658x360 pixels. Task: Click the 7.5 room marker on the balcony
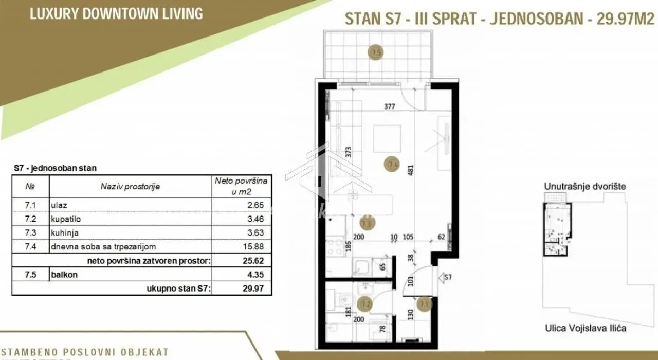[x=376, y=52]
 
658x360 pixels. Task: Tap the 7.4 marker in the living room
[x=392, y=165]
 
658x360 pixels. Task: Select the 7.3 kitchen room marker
[x=368, y=223]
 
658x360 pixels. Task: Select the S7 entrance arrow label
[x=447, y=279]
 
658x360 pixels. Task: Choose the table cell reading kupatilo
[x=66, y=219]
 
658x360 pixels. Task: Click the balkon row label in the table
[x=64, y=275]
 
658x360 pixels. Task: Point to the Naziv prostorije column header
[x=130, y=187]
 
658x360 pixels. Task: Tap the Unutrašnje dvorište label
[x=585, y=186]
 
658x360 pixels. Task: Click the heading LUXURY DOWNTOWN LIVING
[x=116, y=13]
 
